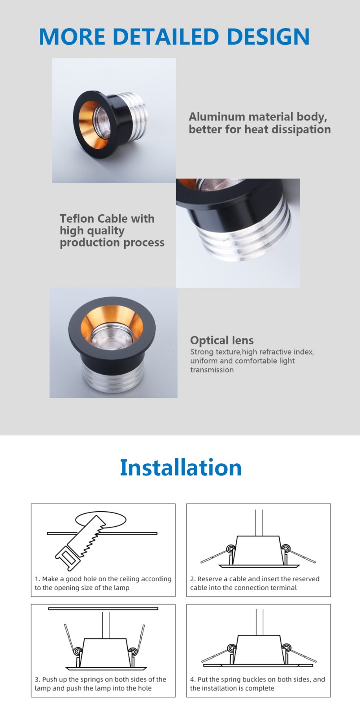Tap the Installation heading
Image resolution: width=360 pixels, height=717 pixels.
(181, 467)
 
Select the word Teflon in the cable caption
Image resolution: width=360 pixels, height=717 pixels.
(77, 219)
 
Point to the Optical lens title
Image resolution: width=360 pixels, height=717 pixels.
(221, 340)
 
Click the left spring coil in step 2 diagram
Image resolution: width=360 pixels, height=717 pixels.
(231, 549)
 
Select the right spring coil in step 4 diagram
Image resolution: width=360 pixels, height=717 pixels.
(286, 648)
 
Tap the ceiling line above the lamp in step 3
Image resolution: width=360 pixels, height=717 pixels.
(103, 609)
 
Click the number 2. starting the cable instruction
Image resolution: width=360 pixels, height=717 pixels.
(193, 579)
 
